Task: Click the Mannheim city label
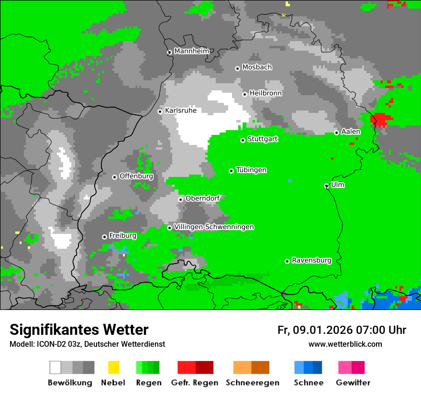pyautogui.click(x=191, y=51)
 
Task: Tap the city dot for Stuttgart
pyautogui.click(x=243, y=140)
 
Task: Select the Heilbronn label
pyautogui.click(x=266, y=93)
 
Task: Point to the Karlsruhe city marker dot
pyautogui.click(x=160, y=111)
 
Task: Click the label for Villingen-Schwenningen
pyautogui.click(x=214, y=227)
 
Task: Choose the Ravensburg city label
pyautogui.click(x=311, y=260)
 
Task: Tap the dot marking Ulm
pyautogui.click(x=327, y=186)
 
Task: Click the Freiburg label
pyautogui.click(x=122, y=235)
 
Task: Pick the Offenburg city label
pyautogui.click(x=136, y=176)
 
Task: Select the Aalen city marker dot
pyautogui.click(x=337, y=132)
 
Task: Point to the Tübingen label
pyautogui.click(x=251, y=170)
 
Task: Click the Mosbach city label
pyautogui.click(x=257, y=67)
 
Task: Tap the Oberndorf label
pyautogui.click(x=202, y=198)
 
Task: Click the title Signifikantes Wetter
pyautogui.click(x=79, y=330)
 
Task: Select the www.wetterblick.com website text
pyautogui.click(x=345, y=344)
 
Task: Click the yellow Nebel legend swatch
pyautogui.click(x=113, y=367)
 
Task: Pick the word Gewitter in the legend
pyautogui.click(x=353, y=383)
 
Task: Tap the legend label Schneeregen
pyautogui.click(x=253, y=383)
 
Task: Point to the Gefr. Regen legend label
pyautogui.click(x=195, y=383)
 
